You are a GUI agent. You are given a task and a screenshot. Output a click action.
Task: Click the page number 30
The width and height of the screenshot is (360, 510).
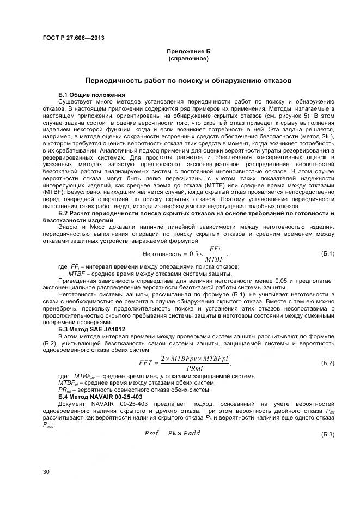coord(46,471)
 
